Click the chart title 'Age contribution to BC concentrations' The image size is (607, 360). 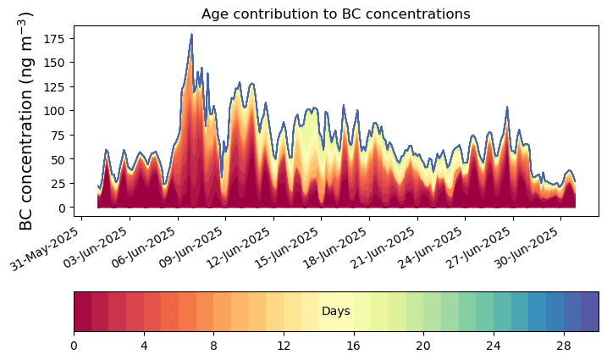335,14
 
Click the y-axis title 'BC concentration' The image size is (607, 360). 26,121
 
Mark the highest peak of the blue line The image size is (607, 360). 191,35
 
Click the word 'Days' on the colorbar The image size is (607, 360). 336,312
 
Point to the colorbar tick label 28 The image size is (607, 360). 564,346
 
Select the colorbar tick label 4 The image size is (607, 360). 144,346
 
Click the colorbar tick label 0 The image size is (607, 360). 74,346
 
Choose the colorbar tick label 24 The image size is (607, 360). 494,346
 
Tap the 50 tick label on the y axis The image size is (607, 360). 61,159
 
